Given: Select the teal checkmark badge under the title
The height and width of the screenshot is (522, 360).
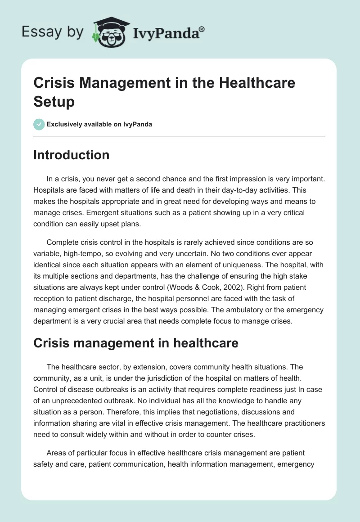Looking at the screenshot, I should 39,124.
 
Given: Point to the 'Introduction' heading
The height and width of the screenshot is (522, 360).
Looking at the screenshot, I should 71,155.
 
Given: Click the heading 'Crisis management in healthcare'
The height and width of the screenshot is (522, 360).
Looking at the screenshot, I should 135,343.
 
